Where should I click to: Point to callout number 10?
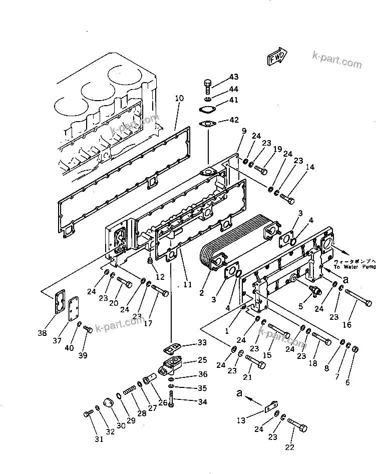pyautogui.click(x=179, y=99)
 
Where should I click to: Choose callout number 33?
pyautogui.click(x=201, y=342)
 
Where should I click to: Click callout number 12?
pyautogui.click(x=160, y=277)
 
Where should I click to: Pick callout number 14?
pyautogui.click(x=310, y=168)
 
